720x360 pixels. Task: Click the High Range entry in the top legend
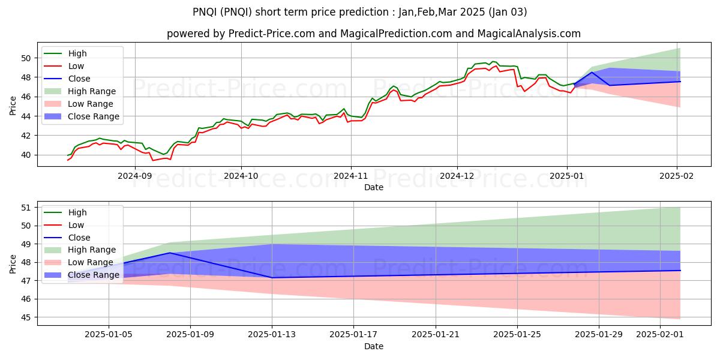click(x=92, y=91)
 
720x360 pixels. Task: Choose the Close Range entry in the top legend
click(x=94, y=116)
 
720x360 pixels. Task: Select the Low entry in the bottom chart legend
click(x=76, y=225)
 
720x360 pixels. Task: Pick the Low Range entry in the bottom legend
click(x=91, y=262)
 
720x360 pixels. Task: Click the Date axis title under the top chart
click(x=373, y=187)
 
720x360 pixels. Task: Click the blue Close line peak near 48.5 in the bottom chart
click(x=170, y=253)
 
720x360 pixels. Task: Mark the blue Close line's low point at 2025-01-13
click(x=272, y=278)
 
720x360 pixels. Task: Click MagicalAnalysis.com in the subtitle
click(x=529, y=34)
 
